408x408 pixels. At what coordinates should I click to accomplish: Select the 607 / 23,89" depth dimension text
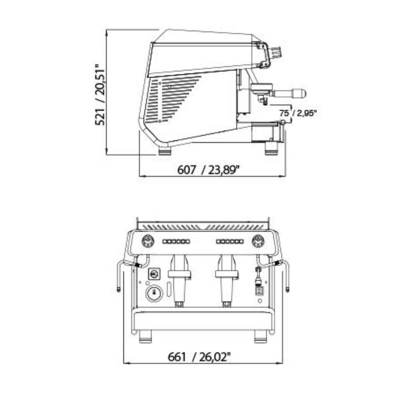tap(208, 170)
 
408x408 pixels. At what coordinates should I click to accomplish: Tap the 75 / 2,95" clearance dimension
tap(298, 113)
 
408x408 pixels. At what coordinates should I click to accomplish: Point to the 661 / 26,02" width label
tap(199, 356)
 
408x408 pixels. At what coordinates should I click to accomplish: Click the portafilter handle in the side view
tap(289, 93)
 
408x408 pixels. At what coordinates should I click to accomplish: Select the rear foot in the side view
tap(165, 150)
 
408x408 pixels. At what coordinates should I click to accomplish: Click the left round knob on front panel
tap(148, 241)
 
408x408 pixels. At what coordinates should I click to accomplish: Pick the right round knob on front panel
tap(259, 241)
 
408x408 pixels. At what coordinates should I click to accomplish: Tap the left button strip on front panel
tap(176, 241)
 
